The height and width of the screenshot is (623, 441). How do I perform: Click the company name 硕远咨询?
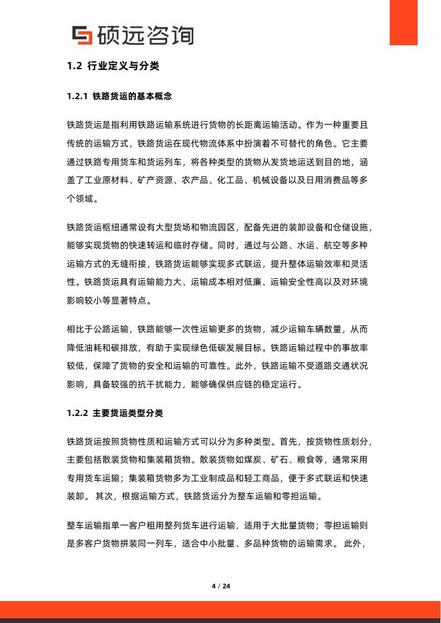click(x=145, y=35)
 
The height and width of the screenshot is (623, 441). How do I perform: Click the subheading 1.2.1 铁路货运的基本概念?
click(x=120, y=97)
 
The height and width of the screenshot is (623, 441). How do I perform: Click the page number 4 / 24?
click(x=220, y=586)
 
